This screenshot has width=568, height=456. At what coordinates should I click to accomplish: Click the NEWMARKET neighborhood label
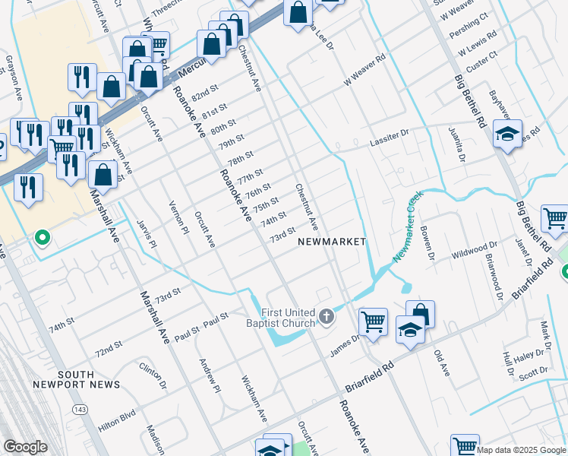point(332,242)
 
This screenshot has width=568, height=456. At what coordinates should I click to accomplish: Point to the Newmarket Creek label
point(407,227)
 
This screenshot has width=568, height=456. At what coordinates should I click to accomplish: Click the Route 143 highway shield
point(79,410)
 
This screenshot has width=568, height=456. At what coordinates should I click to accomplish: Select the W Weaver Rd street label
point(364,69)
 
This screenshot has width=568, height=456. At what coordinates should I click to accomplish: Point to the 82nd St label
point(204,97)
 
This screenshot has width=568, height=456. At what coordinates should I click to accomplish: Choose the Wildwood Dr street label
point(474,250)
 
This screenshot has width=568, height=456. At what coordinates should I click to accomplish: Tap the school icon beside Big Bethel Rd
point(507,135)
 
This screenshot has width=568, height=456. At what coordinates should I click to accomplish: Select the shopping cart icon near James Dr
point(373,322)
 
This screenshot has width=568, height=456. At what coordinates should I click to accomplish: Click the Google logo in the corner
point(25,447)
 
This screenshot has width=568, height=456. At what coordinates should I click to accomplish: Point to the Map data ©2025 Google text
point(521,450)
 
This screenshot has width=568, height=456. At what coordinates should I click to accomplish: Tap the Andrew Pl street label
point(209,376)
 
